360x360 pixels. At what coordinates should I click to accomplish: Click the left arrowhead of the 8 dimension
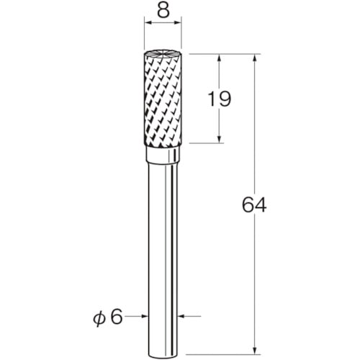pos(148,23)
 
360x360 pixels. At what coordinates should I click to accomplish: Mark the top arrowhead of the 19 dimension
pos(219,58)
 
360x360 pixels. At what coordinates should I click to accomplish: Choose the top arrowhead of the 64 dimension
pos(255,58)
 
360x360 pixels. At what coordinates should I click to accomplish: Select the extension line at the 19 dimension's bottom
pos(205,143)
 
